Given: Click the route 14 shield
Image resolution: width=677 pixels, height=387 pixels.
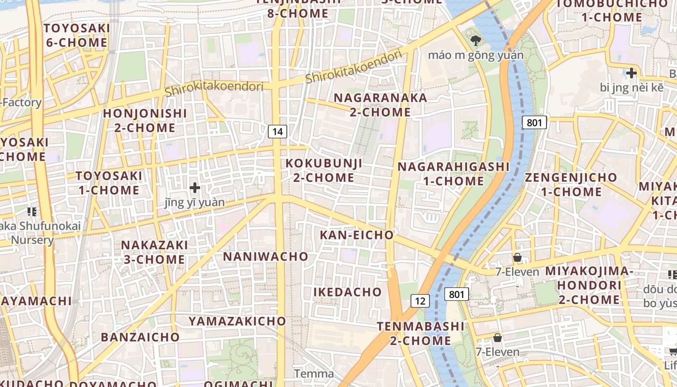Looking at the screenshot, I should click(x=278, y=131).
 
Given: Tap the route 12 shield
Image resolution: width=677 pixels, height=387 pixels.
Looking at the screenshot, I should click(x=420, y=301).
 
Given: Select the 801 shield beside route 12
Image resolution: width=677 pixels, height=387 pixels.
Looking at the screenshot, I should click(x=456, y=294).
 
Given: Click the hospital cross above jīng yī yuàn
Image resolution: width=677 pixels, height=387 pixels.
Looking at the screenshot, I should click(x=195, y=187).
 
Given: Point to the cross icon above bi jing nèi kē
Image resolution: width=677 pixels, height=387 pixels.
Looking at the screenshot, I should click(x=631, y=73).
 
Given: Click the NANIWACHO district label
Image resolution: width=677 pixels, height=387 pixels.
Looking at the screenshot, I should click(x=265, y=256).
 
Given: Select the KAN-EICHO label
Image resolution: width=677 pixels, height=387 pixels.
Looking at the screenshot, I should click(x=357, y=235).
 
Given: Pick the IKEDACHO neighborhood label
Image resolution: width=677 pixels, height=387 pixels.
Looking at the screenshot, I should click(x=348, y=292).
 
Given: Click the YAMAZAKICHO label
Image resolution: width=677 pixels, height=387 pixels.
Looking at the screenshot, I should click(x=237, y=321).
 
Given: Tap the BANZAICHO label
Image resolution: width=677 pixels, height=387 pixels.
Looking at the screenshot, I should click(x=140, y=337).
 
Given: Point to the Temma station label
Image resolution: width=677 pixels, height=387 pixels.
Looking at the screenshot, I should click(x=314, y=373).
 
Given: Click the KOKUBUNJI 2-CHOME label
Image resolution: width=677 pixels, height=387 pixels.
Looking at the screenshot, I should click(x=324, y=170).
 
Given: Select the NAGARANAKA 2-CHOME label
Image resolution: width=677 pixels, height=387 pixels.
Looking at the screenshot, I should click(x=380, y=105).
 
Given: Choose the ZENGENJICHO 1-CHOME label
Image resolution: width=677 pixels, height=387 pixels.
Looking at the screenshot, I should click(x=571, y=184).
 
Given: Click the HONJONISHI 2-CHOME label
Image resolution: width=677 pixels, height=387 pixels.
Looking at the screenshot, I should click(x=145, y=120).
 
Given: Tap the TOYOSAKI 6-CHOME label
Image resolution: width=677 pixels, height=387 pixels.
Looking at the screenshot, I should click(x=76, y=35).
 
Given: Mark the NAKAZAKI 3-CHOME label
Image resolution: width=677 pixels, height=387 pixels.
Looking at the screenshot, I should click(x=154, y=252).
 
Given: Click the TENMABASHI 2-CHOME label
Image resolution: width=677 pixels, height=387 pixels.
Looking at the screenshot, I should click(x=421, y=333).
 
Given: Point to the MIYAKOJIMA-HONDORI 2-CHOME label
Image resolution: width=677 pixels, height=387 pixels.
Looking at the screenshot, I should click(x=589, y=285).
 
